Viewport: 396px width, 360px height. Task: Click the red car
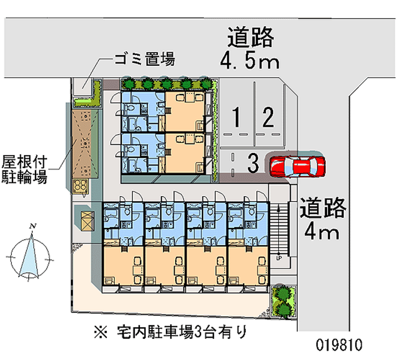pyautogui.click(x=297, y=166)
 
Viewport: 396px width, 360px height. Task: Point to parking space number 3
pyautogui.click(x=253, y=163)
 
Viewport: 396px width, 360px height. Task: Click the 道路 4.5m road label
pyautogui.click(x=250, y=48)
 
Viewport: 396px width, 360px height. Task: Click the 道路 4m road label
pyautogui.click(x=323, y=219)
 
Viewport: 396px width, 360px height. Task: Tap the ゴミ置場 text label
pyautogui.click(x=145, y=59)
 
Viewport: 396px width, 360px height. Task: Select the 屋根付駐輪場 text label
pyautogui.click(x=24, y=169)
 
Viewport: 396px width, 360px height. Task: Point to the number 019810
pyautogui.click(x=339, y=345)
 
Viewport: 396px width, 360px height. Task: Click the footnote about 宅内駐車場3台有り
pyautogui.click(x=170, y=332)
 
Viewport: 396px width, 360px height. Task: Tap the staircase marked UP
pyautogui.click(x=279, y=230)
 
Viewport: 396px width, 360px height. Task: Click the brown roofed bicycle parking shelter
pyautogui.click(x=85, y=144)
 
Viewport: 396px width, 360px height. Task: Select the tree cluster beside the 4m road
pyautogui.click(x=283, y=301)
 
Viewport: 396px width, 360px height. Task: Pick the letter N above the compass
pyautogui.click(x=33, y=226)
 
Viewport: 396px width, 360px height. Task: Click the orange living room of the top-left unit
pyautogui.click(x=185, y=111)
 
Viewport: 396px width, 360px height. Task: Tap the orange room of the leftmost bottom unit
pyautogui.click(x=123, y=266)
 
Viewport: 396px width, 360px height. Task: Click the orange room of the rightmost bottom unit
pyautogui.click(x=248, y=266)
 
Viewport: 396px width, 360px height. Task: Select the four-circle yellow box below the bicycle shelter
pyautogui.click(x=80, y=186)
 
